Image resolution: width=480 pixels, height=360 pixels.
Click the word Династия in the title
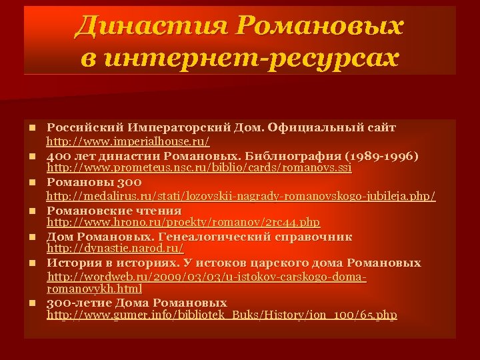(x=153, y=27)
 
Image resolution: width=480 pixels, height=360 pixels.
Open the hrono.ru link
(x=183, y=222)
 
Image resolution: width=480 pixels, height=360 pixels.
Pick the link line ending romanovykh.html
(x=93, y=289)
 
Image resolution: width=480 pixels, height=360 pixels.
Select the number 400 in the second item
(x=58, y=156)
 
